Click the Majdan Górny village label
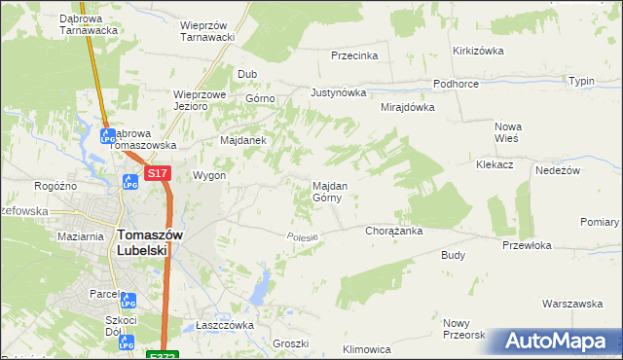tap(326, 191)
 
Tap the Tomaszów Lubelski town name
tap(142, 241)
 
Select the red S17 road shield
tap(159, 173)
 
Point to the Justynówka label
tap(338, 93)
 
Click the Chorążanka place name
tap(392, 232)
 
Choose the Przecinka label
tap(353, 55)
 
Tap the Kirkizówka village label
tap(476, 50)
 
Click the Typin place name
tap(581, 81)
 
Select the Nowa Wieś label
tap(508, 132)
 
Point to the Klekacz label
tap(495, 165)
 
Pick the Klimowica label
tap(367, 348)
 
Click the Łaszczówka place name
tap(225, 325)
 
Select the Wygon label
tap(209, 176)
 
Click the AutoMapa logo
tap(556, 342)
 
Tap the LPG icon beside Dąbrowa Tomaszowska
tap(108, 136)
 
